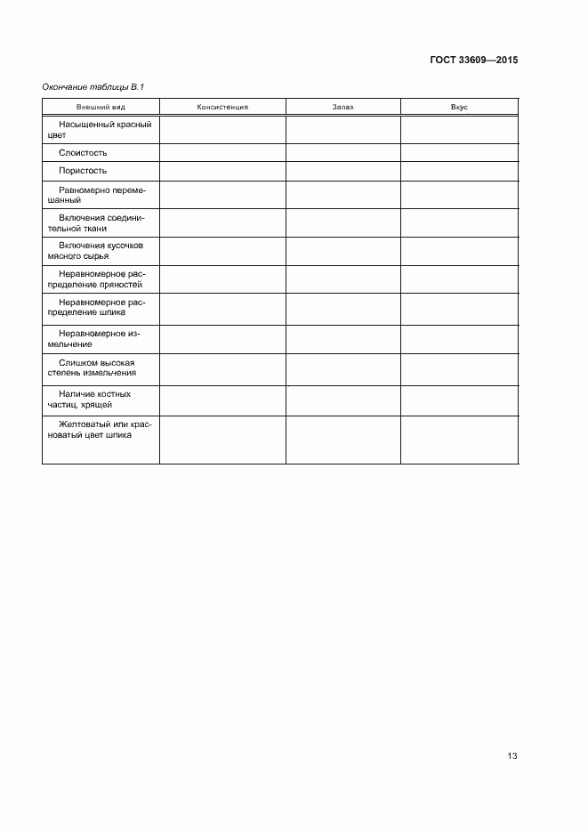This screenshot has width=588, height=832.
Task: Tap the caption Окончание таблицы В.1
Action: click(x=93, y=86)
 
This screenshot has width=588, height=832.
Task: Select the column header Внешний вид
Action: click(x=101, y=107)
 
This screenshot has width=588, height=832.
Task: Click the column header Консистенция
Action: click(x=222, y=107)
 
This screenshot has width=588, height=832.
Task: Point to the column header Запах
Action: click(x=342, y=107)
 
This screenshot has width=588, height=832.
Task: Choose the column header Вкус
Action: click(x=459, y=107)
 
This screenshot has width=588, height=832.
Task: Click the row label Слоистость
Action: click(x=83, y=152)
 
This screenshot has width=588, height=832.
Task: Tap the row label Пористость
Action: click(x=83, y=171)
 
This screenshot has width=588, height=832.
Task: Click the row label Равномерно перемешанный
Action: click(x=101, y=195)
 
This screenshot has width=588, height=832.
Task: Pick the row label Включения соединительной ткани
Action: click(x=101, y=222)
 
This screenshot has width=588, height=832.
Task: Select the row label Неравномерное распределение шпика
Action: click(x=101, y=307)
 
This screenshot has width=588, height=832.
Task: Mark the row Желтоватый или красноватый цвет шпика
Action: click(x=101, y=431)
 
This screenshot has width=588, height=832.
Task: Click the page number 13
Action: click(x=511, y=756)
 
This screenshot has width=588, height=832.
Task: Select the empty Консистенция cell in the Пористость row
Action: click(x=222, y=171)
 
